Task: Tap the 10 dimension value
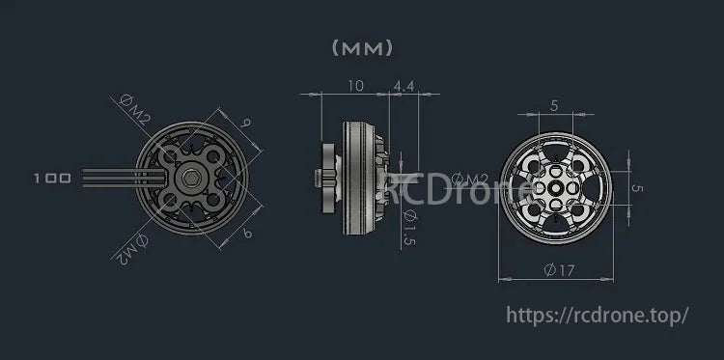[x=354, y=86]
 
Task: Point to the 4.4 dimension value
[x=404, y=86]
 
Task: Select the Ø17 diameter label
[x=557, y=271]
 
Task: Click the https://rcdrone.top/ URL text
[x=598, y=315]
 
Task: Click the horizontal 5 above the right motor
[x=553, y=105]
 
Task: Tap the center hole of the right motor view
[x=556, y=180]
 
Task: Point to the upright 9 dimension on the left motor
[x=246, y=124]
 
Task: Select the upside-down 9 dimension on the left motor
[x=247, y=233]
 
